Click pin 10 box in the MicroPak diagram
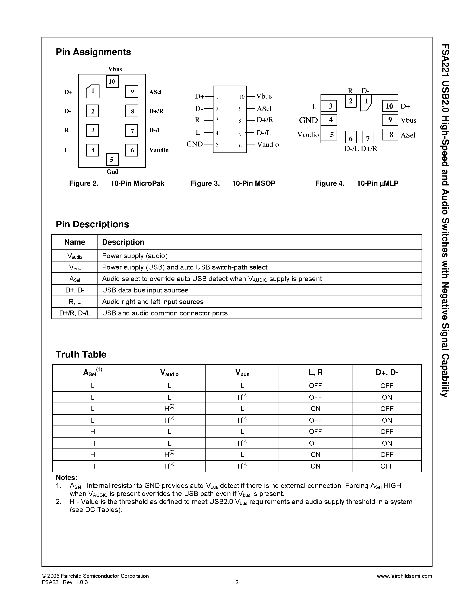point(112,82)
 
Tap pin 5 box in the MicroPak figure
point(112,160)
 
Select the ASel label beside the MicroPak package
point(155,92)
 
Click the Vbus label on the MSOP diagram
point(264,96)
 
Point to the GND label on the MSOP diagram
point(195,144)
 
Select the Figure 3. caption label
point(205,183)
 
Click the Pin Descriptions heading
point(92,224)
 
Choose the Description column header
point(123,242)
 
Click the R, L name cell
point(75,302)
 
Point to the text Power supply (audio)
point(135,256)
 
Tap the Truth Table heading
point(81,354)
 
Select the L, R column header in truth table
point(315,372)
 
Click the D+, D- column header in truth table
point(387,372)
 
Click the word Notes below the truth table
point(66,478)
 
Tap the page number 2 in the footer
point(237,582)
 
